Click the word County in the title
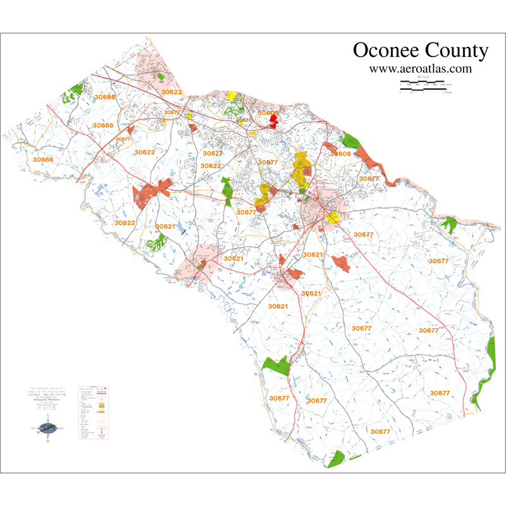(x=457, y=51)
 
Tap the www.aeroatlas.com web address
(x=420, y=68)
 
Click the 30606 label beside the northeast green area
(x=340, y=154)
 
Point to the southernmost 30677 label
(x=380, y=431)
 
